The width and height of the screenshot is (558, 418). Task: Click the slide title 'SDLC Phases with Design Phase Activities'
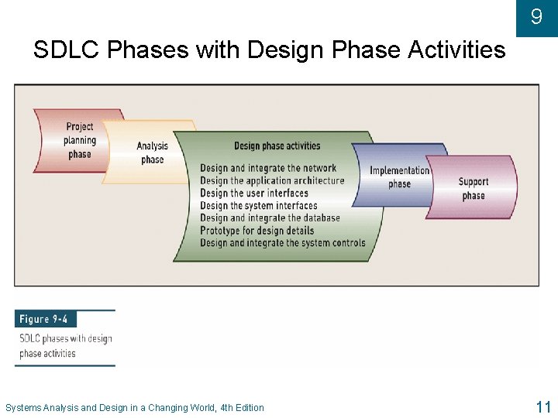click(269, 50)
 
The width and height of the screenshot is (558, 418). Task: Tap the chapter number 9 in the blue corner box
click(536, 17)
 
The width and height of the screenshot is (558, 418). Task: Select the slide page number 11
click(542, 406)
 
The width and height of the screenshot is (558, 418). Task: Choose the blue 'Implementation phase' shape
click(399, 176)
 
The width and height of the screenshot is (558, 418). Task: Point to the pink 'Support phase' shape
click(473, 188)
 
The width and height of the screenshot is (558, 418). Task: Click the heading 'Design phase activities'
click(277, 146)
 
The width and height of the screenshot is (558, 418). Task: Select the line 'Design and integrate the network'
click(268, 168)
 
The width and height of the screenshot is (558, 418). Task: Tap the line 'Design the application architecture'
click(272, 180)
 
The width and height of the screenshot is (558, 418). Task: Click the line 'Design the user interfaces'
click(254, 193)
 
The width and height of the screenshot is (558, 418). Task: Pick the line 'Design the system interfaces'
click(259, 205)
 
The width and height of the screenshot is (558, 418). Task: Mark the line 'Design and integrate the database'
click(270, 218)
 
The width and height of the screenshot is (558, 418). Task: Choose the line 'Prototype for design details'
click(257, 230)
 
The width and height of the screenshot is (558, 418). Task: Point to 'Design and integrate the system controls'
click(282, 242)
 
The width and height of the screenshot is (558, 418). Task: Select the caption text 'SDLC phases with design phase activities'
click(66, 346)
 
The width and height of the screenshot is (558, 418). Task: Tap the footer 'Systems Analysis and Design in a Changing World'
click(110, 408)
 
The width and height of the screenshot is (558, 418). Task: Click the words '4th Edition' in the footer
click(242, 408)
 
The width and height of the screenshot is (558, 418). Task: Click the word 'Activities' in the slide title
click(460, 50)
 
